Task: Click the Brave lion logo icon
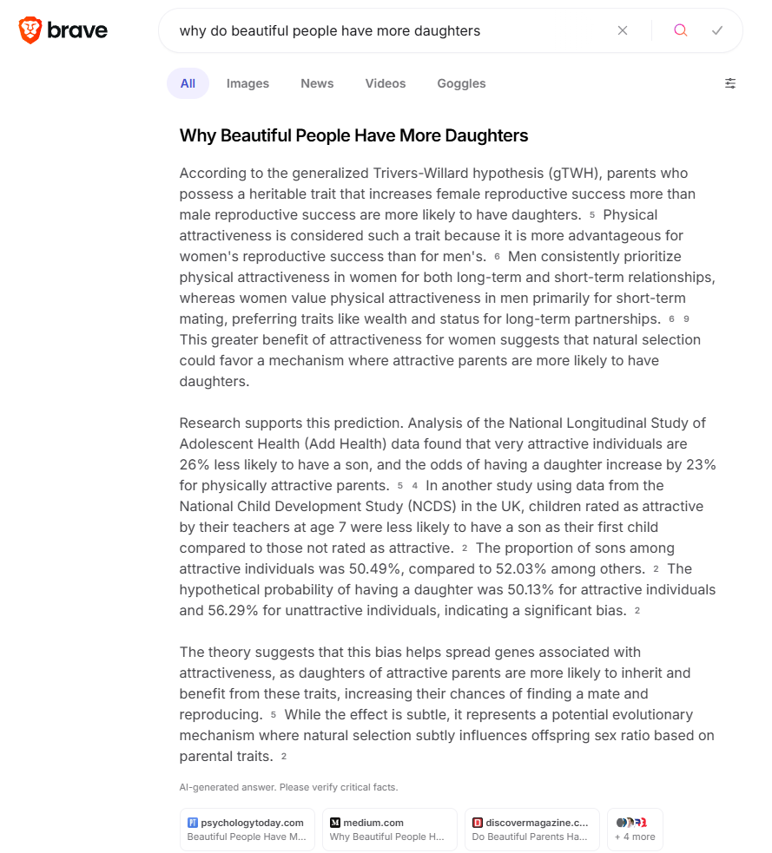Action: [x=30, y=30]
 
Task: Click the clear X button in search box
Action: [x=623, y=30]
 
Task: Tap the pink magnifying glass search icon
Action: [x=681, y=30]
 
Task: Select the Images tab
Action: [x=247, y=83]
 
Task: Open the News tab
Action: [x=317, y=83]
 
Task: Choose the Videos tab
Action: [x=386, y=83]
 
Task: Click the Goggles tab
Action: [x=461, y=83]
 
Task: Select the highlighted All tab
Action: [x=188, y=83]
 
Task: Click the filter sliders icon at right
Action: [x=730, y=83]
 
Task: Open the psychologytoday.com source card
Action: [x=247, y=830]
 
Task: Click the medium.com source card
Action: [x=389, y=830]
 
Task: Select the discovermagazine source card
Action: [x=531, y=830]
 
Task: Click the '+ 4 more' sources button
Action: [x=635, y=830]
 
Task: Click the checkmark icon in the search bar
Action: [x=717, y=30]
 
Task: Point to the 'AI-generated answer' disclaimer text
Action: [x=288, y=787]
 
